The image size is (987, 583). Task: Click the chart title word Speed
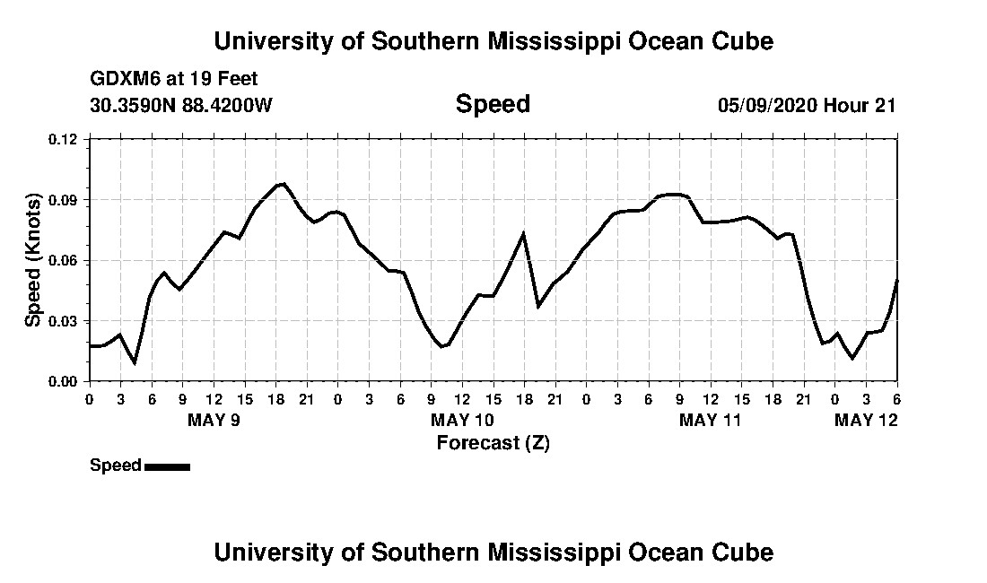click(x=493, y=104)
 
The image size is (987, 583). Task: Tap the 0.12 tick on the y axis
click(x=64, y=139)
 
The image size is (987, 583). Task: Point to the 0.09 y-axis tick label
click(x=64, y=199)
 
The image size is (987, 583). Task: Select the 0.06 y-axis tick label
click(x=64, y=260)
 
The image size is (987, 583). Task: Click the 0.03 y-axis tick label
click(x=64, y=321)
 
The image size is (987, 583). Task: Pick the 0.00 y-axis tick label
click(x=64, y=381)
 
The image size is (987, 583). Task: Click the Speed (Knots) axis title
click(x=33, y=260)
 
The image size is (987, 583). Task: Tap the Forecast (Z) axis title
click(x=493, y=442)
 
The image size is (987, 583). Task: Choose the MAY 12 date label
click(x=866, y=420)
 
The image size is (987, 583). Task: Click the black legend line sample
click(x=167, y=466)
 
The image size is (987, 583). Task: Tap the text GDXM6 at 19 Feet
click(x=174, y=79)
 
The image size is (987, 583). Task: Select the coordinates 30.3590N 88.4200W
click(x=181, y=105)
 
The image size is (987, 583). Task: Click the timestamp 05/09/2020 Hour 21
click(x=807, y=105)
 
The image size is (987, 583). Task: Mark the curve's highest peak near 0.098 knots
click(x=284, y=184)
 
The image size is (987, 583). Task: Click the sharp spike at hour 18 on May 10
click(x=523, y=233)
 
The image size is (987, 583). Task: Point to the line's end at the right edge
click(x=896, y=280)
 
